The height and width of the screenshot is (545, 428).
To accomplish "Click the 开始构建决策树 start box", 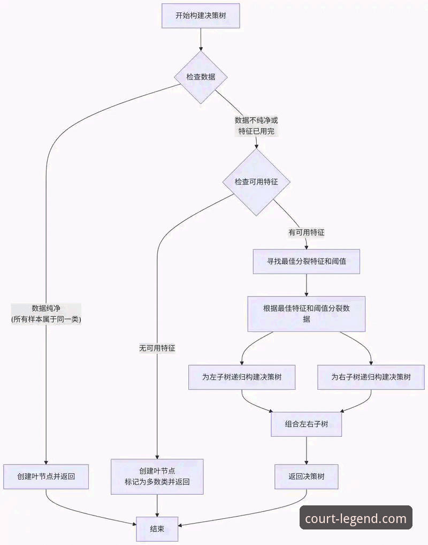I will click(x=201, y=16).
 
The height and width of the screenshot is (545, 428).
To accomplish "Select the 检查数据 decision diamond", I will click(x=201, y=77).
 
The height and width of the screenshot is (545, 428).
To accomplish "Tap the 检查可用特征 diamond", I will click(x=256, y=182).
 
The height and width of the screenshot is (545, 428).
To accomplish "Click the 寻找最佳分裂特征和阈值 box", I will click(x=306, y=262).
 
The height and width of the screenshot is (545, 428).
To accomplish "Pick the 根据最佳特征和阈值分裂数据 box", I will click(x=306, y=313).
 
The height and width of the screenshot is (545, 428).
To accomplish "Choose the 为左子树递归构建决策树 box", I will click(x=242, y=377).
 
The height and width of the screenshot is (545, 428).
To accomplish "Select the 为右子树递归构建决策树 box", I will click(x=371, y=377).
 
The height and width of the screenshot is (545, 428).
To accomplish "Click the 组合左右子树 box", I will click(x=306, y=424).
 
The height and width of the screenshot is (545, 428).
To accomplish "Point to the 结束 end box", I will click(x=157, y=528).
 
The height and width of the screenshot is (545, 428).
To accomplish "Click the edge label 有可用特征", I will click(x=307, y=233).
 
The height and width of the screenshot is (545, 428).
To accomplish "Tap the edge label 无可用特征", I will click(x=157, y=348).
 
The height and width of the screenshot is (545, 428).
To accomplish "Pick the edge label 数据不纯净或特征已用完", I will click(x=256, y=126).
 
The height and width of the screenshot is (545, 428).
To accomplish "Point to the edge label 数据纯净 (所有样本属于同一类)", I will click(x=46, y=314).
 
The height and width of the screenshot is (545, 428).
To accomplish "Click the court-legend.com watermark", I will click(x=356, y=518).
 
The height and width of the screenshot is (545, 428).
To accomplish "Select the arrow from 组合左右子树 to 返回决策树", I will click(x=306, y=450).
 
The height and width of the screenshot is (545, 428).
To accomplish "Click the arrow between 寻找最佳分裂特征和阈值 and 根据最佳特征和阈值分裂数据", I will click(x=306, y=285).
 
